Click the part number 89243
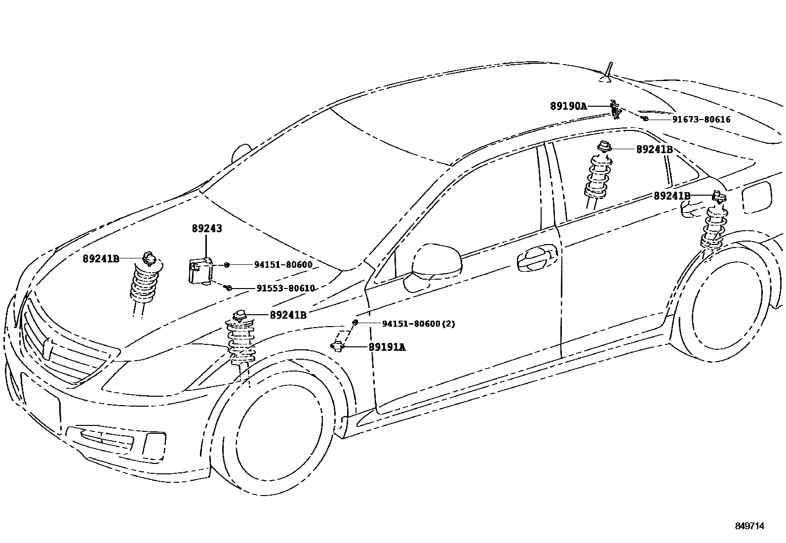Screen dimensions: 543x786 (x=207, y=229)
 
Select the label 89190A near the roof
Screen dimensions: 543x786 (x=568, y=106)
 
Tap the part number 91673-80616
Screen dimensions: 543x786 (x=701, y=119)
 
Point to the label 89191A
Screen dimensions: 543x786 (x=387, y=347)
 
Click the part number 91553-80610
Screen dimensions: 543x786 (x=285, y=289)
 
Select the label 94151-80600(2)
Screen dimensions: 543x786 (x=418, y=324)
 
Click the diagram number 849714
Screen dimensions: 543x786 (x=749, y=526)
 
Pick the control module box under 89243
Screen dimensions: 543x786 (x=200, y=271)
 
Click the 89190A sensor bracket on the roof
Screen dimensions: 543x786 (x=615, y=109)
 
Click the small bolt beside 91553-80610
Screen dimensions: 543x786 (x=228, y=287)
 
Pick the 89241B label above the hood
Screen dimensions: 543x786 (x=101, y=258)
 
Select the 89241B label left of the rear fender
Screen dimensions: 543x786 (x=671, y=196)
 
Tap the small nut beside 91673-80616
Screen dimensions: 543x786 (x=645, y=119)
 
